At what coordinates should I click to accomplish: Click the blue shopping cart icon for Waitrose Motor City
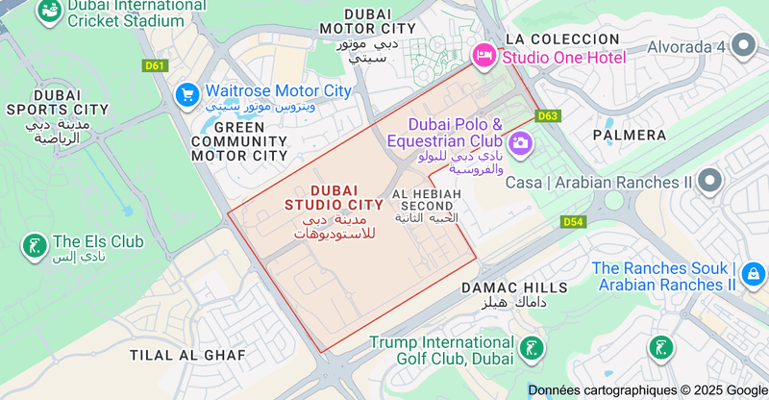tap(187, 93)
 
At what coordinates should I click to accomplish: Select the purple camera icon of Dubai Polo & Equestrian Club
tap(521, 144)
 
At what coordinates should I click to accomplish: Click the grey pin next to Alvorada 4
tap(743, 45)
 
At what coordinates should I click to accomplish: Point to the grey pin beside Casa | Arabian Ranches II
tap(709, 181)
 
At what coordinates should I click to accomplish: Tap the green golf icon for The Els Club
tap(35, 246)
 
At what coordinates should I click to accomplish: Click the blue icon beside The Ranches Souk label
tap(753, 277)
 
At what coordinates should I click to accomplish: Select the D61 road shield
tap(154, 66)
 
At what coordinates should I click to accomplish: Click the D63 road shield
tap(548, 115)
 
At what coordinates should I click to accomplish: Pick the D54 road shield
tap(573, 222)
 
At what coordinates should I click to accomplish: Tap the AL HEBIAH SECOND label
tap(428, 200)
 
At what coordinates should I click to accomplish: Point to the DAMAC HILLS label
tap(514, 287)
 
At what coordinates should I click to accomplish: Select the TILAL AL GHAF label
tap(187, 355)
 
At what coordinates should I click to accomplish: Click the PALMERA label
tap(630, 135)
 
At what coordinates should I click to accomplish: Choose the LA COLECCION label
tap(562, 38)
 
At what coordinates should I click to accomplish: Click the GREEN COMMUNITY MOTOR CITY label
tap(239, 141)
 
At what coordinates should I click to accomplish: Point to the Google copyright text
tap(647, 390)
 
